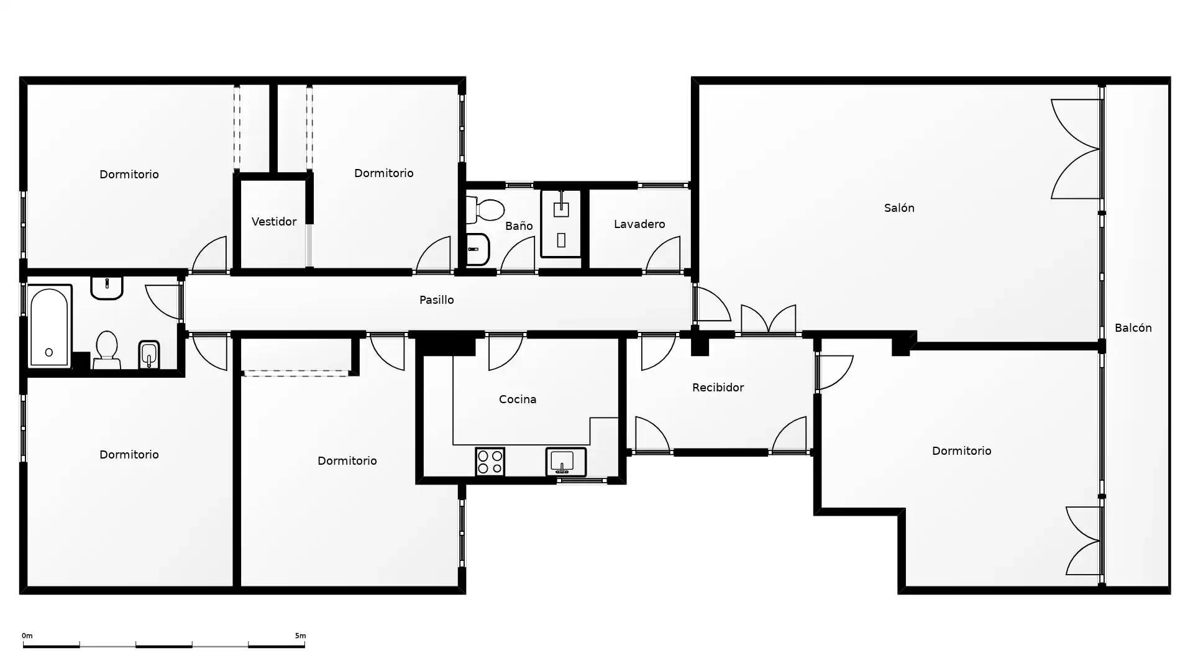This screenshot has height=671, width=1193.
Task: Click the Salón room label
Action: [899, 208]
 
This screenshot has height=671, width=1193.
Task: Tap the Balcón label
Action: [1133, 328]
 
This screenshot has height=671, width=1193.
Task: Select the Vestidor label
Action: [273, 222]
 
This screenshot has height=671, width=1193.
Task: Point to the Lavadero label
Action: [639, 224]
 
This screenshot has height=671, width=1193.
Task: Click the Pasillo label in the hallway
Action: [436, 300]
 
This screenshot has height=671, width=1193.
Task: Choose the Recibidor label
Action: [718, 388]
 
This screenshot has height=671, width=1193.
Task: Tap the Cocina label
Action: [518, 399]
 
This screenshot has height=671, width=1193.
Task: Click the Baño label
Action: [519, 226]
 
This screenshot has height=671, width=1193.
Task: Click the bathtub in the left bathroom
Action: [50, 326]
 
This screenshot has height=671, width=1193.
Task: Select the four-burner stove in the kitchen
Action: [490, 462]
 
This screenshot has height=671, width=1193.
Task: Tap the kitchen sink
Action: [566, 462]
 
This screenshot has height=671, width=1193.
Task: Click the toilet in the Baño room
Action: [485, 210]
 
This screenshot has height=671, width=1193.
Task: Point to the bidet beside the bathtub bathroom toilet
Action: [149, 355]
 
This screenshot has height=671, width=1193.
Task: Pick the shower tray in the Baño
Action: [561, 224]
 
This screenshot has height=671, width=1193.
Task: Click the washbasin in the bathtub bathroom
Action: [107, 288]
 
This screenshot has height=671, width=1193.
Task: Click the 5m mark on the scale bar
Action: [300, 636]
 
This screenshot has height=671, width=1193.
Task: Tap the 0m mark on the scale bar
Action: [27, 636]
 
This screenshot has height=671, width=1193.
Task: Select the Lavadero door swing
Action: [663, 255]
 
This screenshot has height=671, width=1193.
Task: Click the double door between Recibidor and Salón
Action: [769, 319]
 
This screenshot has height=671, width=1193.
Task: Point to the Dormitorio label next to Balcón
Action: [961, 451]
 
